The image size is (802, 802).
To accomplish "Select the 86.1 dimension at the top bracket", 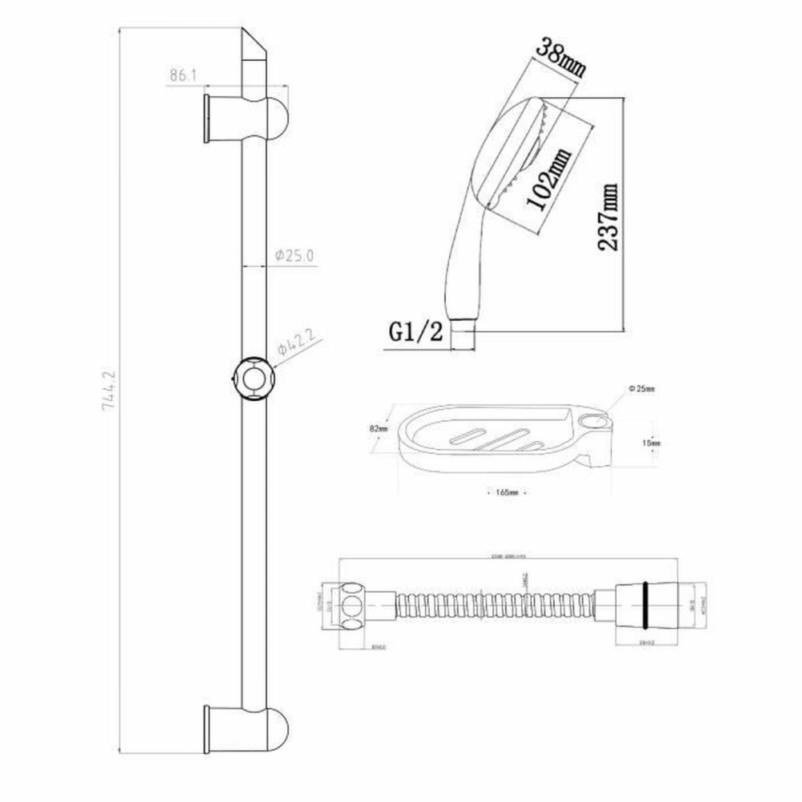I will pos(183,75).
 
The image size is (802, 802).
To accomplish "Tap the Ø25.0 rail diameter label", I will pos(293,255).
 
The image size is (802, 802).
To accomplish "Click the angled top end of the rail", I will pos(254,48).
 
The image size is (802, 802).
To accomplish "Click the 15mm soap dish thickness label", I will pos(651,442).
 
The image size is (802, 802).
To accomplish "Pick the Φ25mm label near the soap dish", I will pos(641,389).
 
